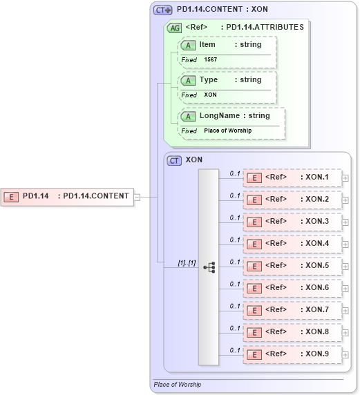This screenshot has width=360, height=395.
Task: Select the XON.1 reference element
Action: [x=292, y=178]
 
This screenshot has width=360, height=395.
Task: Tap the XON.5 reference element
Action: [x=292, y=266]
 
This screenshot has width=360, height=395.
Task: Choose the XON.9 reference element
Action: [x=292, y=354]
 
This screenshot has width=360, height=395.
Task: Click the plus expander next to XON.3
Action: [x=345, y=222]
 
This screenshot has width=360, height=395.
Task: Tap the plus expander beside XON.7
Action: [x=345, y=311]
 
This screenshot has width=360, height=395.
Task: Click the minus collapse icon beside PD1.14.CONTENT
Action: [x=137, y=196]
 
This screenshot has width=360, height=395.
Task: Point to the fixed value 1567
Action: [x=210, y=60]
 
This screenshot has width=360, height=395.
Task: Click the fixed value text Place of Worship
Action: [x=227, y=131]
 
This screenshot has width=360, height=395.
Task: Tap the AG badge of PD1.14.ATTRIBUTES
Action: [x=174, y=28]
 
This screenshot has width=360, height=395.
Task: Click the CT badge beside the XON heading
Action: [x=175, y=160]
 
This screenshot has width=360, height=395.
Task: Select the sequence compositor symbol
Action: [x=209, y=266]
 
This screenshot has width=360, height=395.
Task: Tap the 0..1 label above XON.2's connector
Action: [x=235, y=195]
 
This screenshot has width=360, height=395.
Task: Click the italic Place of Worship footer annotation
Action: [x=178, y=384]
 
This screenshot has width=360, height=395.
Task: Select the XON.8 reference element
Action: [x=292, y=332]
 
